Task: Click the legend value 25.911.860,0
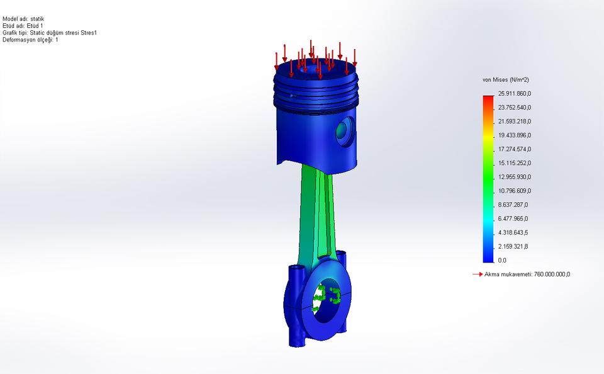[515, 94]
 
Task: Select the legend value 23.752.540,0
[515, 108]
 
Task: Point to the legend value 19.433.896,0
[515, 135]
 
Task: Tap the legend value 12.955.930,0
[515, 177]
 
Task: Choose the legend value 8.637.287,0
[513, 205]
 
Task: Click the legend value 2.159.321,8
[513, 246]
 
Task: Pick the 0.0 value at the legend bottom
[502, 260]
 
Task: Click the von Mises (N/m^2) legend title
[505, 80]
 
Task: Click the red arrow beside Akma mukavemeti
[477, 275]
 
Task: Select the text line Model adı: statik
[23, 19]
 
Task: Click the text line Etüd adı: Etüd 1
[23, 26]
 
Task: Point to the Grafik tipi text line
[50, 33]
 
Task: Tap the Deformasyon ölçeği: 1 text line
[30, 40]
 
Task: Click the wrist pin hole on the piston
[344, 130]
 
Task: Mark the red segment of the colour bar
[488, 101]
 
